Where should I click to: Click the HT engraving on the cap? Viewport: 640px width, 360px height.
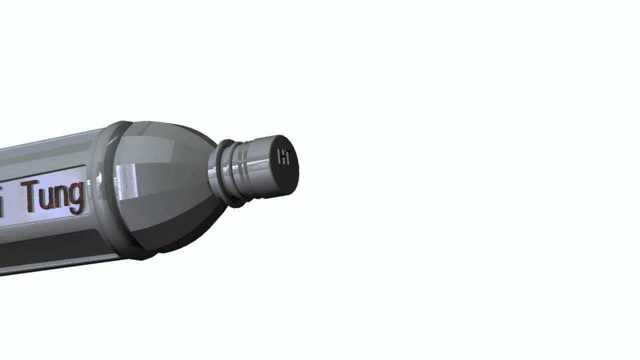point(284,156)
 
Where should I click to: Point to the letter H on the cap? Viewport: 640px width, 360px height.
point(281,156)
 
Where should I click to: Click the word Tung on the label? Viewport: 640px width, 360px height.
point(52,196)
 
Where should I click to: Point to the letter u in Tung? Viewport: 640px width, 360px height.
point(46,197)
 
